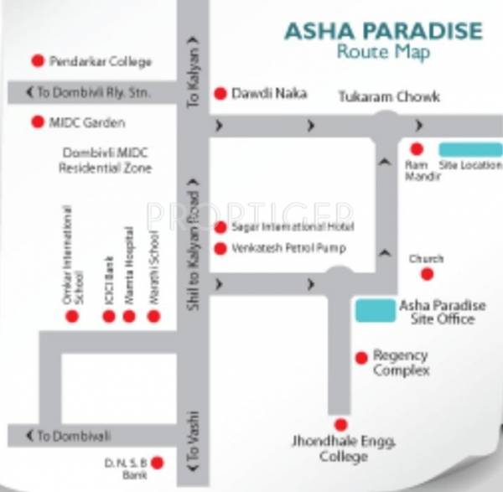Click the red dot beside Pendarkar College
click(x=37, y=61)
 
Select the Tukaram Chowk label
click(x=388, y=96)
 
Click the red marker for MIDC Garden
click(x=37, y=122)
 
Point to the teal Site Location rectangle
click(x=471, y=149)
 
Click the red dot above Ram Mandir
click(x=417, y=148)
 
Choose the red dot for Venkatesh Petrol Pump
click(x=221, y=248)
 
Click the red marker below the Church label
click(x=427, y=274)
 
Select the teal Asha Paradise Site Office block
click(x=375, y=310)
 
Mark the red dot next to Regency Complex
click(x=360, y=357)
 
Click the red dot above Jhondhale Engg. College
click(x=340, y=424)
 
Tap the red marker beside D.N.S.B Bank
click(x=156, y=462)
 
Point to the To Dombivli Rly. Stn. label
click(x=88, y=91)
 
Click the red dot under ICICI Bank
click(x=108, y=316)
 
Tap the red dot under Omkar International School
click(x=72, y=316)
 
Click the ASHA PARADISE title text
click(x=383, y=31)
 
